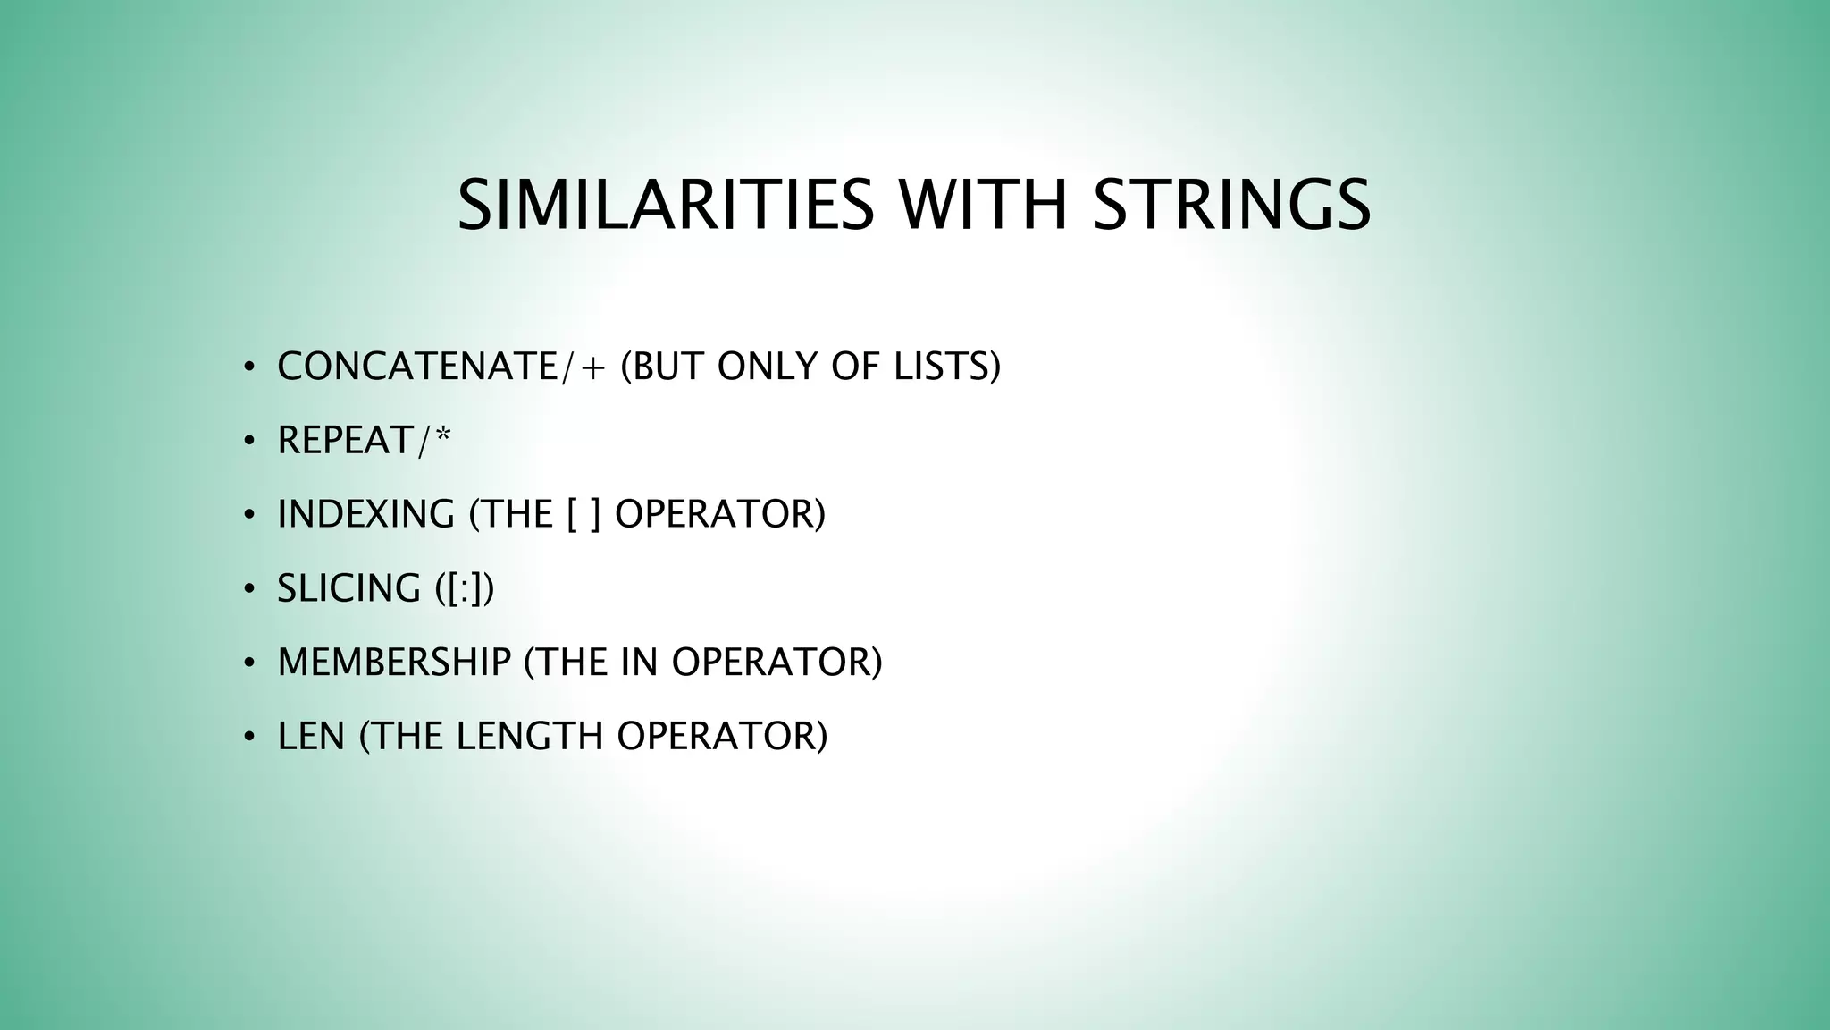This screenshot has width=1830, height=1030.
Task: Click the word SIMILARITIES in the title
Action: pyautogui.click(x=665, y=206)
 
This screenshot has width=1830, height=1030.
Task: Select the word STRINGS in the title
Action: pyautogui.click(x=1232, y=206)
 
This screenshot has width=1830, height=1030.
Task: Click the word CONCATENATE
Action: pyautogui.click(x=417, y=367)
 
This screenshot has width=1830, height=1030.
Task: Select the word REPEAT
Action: pyautogui.click(x=346, y=441)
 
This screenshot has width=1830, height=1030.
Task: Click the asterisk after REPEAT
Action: pyautogui.click(x=442, y=436)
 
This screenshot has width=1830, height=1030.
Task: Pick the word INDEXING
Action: pyautogui.click(x=366, y=515)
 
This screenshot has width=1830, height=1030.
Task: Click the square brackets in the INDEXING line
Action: pyautogui.click(x=583, y=515)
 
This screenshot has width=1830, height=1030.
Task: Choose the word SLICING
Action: pyautogui.click(x=348, y=589)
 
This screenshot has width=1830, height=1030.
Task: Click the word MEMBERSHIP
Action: pyautogui.click(x=394, y=663)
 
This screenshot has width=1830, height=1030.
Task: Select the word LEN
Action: pyautogui.click(x=311, y=737)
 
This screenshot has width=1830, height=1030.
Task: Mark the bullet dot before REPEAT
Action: pyautogui.click(x=249, y=441)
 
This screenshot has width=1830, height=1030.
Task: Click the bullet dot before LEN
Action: pyautogui.click(x=249, y=737)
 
